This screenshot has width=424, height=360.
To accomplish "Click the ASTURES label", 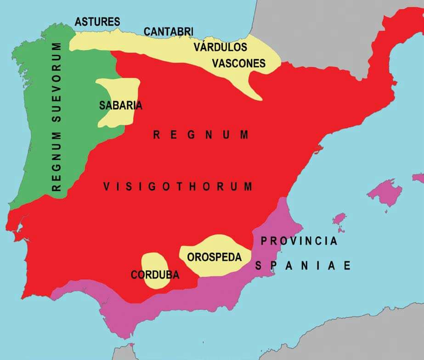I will [x=97, y=22].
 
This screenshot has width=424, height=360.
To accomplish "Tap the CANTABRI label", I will [x=168, y=32].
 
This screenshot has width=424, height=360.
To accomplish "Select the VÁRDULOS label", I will [x=220, y=47].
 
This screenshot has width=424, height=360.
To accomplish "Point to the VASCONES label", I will [x=238, y=63].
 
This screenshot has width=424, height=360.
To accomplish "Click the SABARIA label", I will [x=120, y=105].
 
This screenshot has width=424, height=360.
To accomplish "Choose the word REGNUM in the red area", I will [x=201, y=135].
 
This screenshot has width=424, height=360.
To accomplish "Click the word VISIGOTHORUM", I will [x=178, y=186].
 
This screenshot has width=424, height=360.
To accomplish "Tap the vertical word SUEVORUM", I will [x=57, y=83].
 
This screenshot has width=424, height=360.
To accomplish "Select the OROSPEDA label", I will [x=214, y=257].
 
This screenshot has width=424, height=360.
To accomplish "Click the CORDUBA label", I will [x=155, y=275].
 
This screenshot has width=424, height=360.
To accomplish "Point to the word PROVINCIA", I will [x=299, y=241].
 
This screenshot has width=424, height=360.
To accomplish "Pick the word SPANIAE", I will [x=303, y=266].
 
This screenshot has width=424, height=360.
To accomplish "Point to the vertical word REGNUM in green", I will [x=57, y=161].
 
